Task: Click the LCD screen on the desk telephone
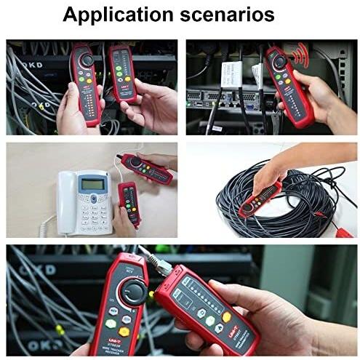point(92,184)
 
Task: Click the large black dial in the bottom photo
point(133,292)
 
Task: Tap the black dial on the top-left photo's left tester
point(87,59)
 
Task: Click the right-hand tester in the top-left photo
point(121,73)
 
